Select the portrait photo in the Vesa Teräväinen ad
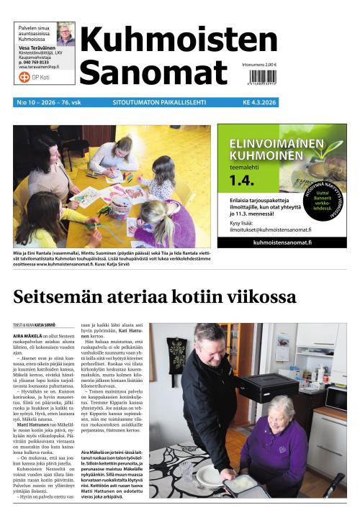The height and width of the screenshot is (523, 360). [x=66, y=34]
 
